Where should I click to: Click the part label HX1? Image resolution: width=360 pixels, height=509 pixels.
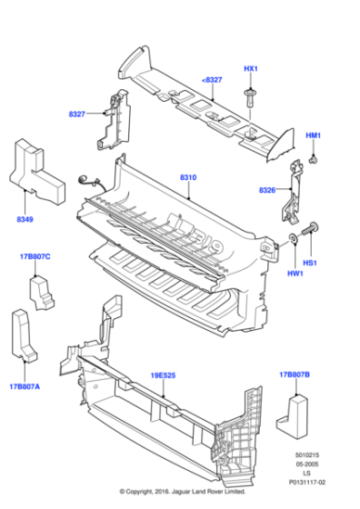pyautogui.click(x=251, y=69)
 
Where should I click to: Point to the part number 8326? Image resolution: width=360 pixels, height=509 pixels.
pyautogui.click(x=267, y=190)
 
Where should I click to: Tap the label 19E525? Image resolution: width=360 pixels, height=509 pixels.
pyautogui.click(x=163, y=373)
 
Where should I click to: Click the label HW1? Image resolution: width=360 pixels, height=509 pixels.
pyautogui.click(x=295, y=274)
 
